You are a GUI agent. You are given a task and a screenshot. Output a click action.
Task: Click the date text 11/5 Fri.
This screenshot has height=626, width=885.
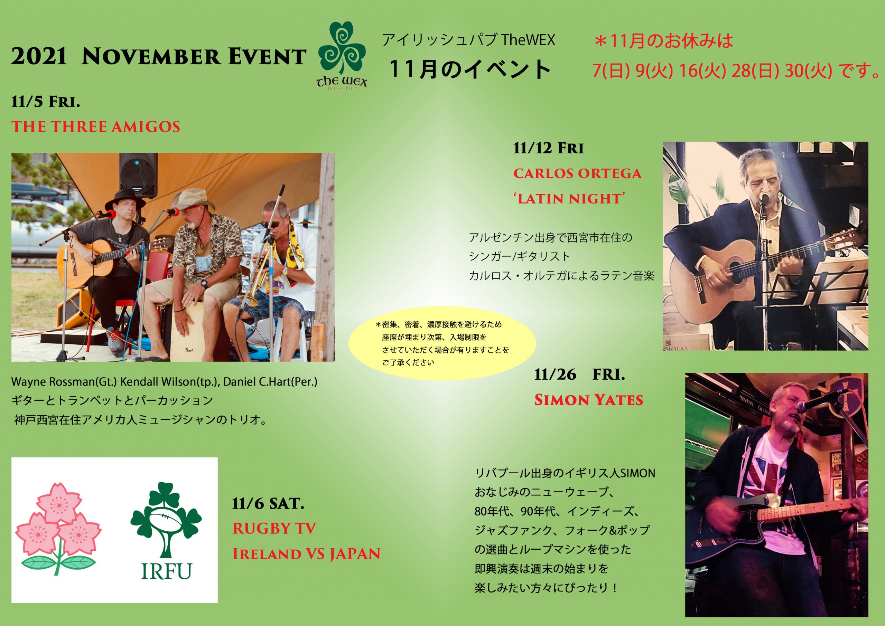[x=46, y=102]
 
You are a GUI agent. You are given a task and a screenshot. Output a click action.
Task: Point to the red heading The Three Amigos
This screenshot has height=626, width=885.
[x=96, y=127]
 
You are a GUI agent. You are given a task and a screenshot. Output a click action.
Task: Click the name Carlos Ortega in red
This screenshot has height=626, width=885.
[x=577, y=173]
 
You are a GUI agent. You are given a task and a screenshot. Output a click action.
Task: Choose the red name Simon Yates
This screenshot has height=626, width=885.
[x=588, y=400]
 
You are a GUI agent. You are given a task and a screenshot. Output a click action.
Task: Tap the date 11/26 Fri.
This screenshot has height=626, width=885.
[x=579, y=374]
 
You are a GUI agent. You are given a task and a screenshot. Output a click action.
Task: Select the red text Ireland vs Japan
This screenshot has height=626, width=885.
[x=306, y=554]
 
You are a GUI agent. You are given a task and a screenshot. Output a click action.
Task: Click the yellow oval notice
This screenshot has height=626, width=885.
[x=442, y=343]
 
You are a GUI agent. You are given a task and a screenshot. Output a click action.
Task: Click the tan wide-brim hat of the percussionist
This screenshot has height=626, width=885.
[x=193, y=199]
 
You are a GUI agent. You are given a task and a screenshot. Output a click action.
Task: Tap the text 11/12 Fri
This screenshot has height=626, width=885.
[x=548, y=148]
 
